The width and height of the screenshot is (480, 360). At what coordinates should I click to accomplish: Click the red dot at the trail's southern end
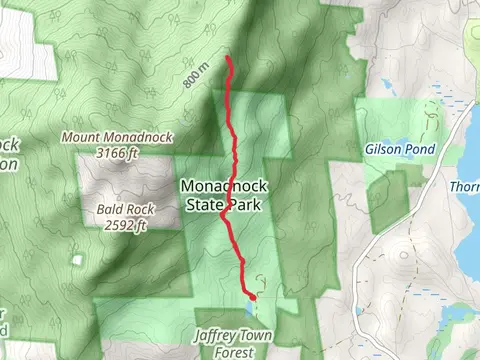coord(252,297)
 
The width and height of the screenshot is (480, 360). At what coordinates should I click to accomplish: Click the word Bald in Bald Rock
coord(110,210)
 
